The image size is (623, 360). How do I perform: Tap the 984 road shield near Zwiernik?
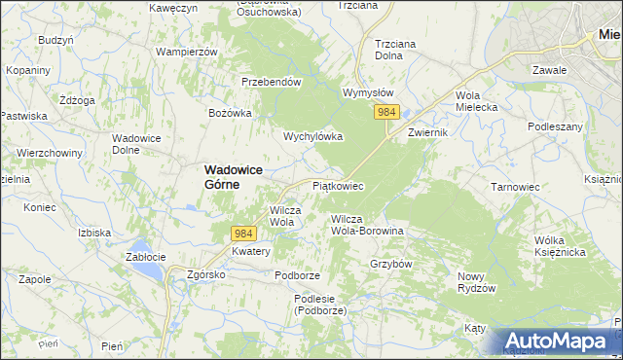pyautogui.click(x=386, y=113)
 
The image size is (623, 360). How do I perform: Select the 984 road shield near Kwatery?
pyautogui.click(x=243, y=234)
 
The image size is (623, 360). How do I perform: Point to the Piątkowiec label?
pyautogui.click(x=338, y=185)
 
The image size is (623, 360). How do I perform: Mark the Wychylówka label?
pyautogui.click(x=313, y=136)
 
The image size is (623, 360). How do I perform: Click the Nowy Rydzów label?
pyautogui.click(x=477, y=282)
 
